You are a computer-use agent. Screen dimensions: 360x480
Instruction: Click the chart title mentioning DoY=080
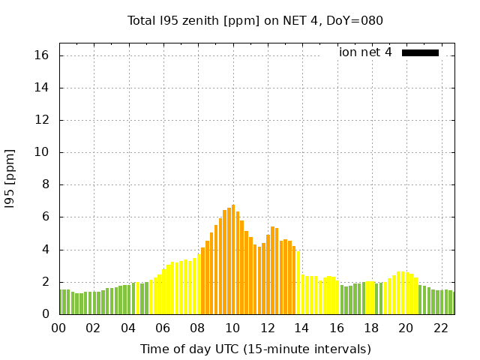pyautogui.click(x=255, y=20)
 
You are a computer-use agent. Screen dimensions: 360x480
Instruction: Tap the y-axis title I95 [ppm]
pyautogui.click(x=10, y=178)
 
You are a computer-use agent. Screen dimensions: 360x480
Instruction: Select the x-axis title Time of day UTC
pyautogui.click(x=255, y=349)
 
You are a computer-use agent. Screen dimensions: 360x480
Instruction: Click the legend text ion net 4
pyautogui.click(x=365, y=52)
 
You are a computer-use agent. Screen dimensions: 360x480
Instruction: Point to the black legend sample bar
pyautogui.click(x=420, y=52)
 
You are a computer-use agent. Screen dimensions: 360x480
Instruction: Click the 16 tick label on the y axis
pyautogui.click(x=42, y=55)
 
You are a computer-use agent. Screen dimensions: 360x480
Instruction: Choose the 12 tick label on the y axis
pyautogui.click(x=42, y=120)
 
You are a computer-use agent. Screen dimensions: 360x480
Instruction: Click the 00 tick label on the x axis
pyautogui.click(x=59, y=328)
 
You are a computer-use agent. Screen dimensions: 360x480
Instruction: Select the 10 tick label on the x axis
pyautogui.click(x=232, y=328)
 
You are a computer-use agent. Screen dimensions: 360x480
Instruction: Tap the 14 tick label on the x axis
pyautogui.click(x=301, y=328)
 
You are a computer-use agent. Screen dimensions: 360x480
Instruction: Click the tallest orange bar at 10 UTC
pyautogui.click(x=233, y=259)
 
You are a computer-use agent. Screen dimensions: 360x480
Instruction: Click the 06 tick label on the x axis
pyautogui.click(x=163, y=328)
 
